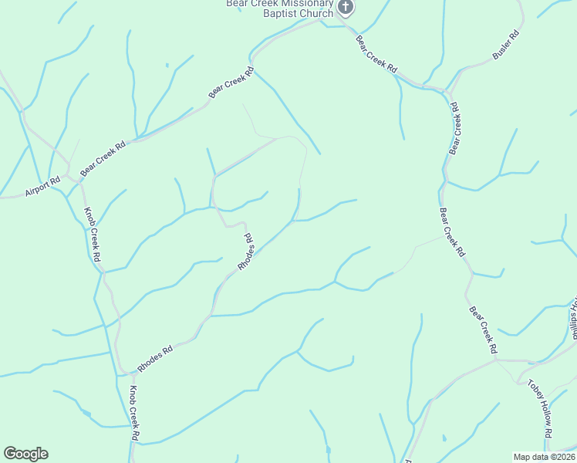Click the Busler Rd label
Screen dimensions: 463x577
click(506, 46)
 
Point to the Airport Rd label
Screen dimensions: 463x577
click(42, 186)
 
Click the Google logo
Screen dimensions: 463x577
click(25, 454)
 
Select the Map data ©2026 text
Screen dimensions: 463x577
click(544, 457)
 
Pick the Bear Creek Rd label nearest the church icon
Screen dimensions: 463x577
click(376, 55)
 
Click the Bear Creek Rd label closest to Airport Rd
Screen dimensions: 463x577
click(103, 157)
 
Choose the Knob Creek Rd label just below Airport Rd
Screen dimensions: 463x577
click(93, 236)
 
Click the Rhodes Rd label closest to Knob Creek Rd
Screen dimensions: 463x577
click(155, 357)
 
